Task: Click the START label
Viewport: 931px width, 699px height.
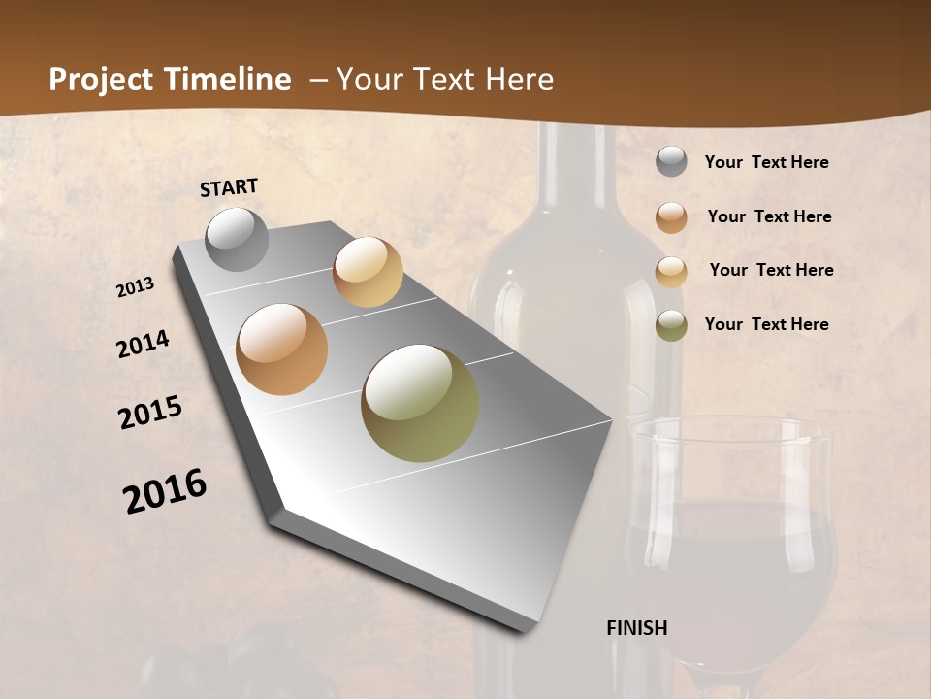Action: pyautogui.click(x=229, y=187)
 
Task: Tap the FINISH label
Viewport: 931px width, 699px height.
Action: pyautogui.click(x=637, y=628)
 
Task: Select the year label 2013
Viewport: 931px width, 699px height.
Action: pyautogui.click(x=136, y=287)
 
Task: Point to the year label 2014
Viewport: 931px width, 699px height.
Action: pyautogui.click(x=144, y=345)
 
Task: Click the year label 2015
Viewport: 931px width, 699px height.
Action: pyautogui.click(x=150, y=413)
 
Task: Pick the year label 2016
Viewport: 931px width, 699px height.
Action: pyautogui.click(x=165, y=491)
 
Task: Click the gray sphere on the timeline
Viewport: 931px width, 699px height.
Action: pyautogui.click(x=238, y=239)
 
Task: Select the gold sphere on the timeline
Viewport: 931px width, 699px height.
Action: pyautogui.click(x=368, y=272)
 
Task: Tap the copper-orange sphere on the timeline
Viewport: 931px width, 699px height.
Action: pyautogui.click(x=282, y=349)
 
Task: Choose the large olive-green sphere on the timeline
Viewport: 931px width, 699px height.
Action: pyautogui.click(x=420, y=403)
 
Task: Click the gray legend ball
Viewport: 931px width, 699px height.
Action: pyautogui.click(x=671, y=162)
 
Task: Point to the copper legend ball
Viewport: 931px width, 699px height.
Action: pyautogui.click(x=671, y=217)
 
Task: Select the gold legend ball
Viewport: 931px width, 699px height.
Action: pyautogui.click(x=671, y=272)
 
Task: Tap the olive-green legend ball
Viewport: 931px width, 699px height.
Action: pyautogui.click(x=671, y=325)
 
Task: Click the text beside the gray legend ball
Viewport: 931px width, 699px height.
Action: pyautogui.click(x=766, y=163)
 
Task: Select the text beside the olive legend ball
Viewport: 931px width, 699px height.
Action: pyautogui.click(x=766, y=324)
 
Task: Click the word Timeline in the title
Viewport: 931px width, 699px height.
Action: pyautogui.click(x=227, y=80)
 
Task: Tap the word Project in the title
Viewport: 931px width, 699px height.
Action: pyautogui.click(x=102, y=81)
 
